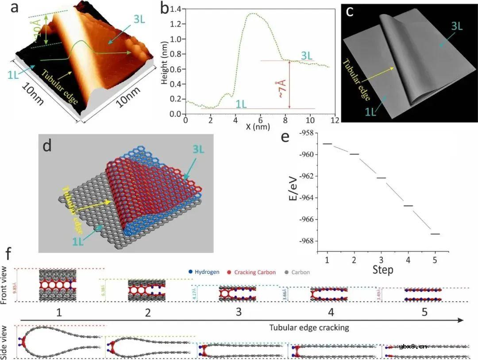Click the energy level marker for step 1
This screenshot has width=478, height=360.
[327, 144]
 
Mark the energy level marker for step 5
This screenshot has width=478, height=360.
[435, 234]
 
